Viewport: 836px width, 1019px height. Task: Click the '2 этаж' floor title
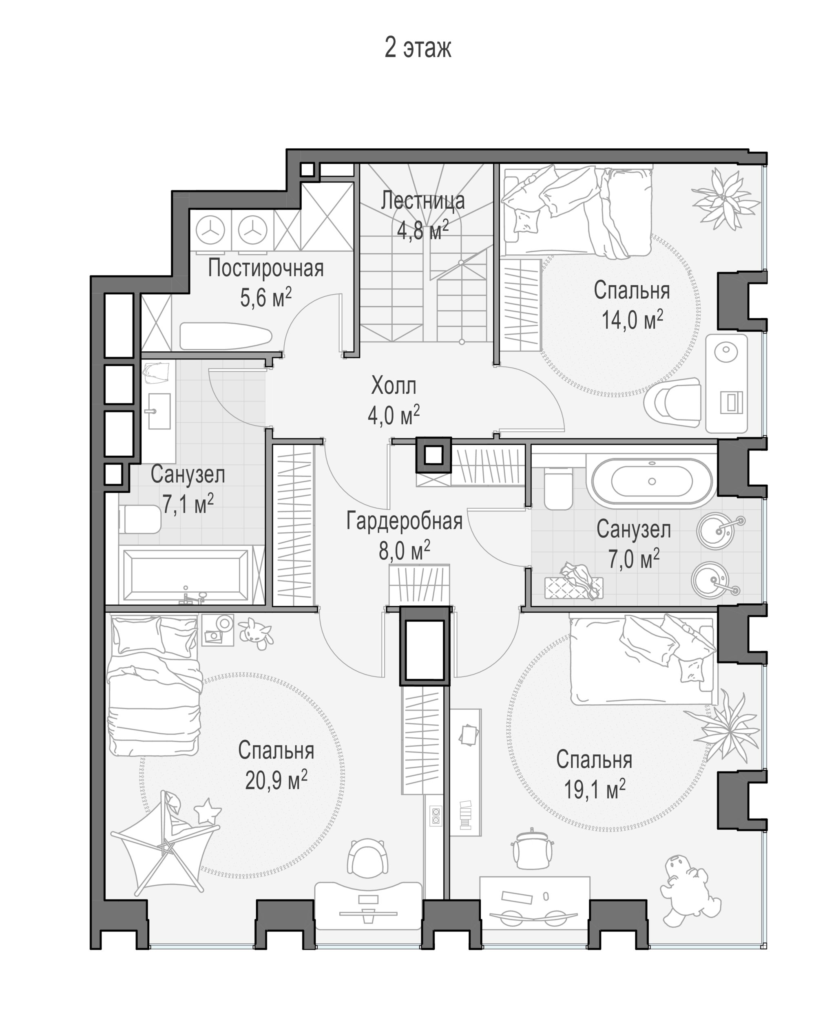pos(418,48)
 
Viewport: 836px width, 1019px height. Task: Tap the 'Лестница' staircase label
pos(422,201)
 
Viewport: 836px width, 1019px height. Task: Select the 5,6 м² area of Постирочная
pos(266,298)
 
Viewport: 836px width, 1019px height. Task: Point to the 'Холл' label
pos(394,386)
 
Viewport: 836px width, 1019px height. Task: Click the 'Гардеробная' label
pos(405,521)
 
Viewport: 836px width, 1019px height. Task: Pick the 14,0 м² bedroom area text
pos(632,320)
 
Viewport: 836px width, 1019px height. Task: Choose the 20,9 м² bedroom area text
pos(276,780)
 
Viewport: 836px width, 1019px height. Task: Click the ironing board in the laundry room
pos(226,336)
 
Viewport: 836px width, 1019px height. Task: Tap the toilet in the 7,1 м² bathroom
pos(139,519)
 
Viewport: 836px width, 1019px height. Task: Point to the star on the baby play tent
pos(208,812)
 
